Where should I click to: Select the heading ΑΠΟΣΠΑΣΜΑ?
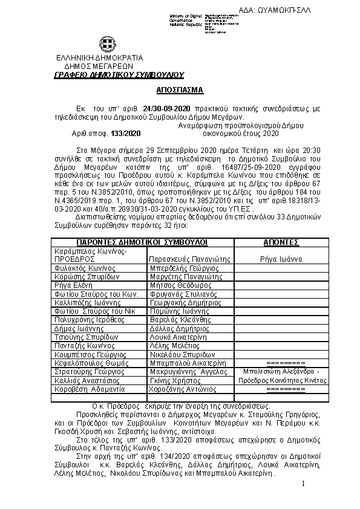(180, 89)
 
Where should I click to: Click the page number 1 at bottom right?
(302, 485)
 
